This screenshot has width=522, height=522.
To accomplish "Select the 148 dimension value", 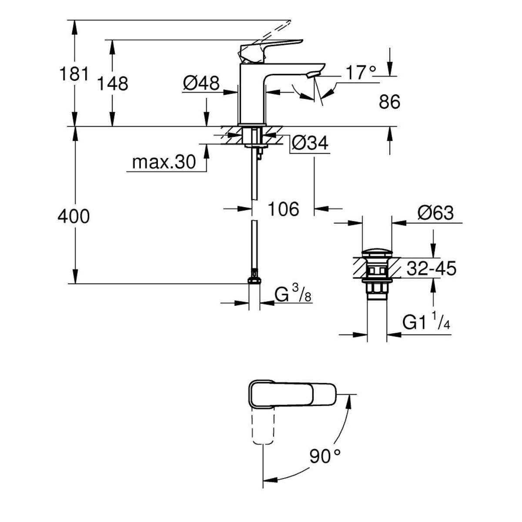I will tap(112, 83).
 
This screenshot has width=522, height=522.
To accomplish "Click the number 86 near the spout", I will tap(389, 102).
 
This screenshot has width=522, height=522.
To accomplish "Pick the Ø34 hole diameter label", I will tap(309, 143).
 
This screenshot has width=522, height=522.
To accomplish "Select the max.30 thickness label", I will tap(164, 163).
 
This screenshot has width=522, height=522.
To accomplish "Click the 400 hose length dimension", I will tap(74, 216).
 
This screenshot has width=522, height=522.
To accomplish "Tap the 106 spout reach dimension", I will tap(283, 209).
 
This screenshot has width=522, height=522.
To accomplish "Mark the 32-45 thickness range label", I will tap(431, 269).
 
